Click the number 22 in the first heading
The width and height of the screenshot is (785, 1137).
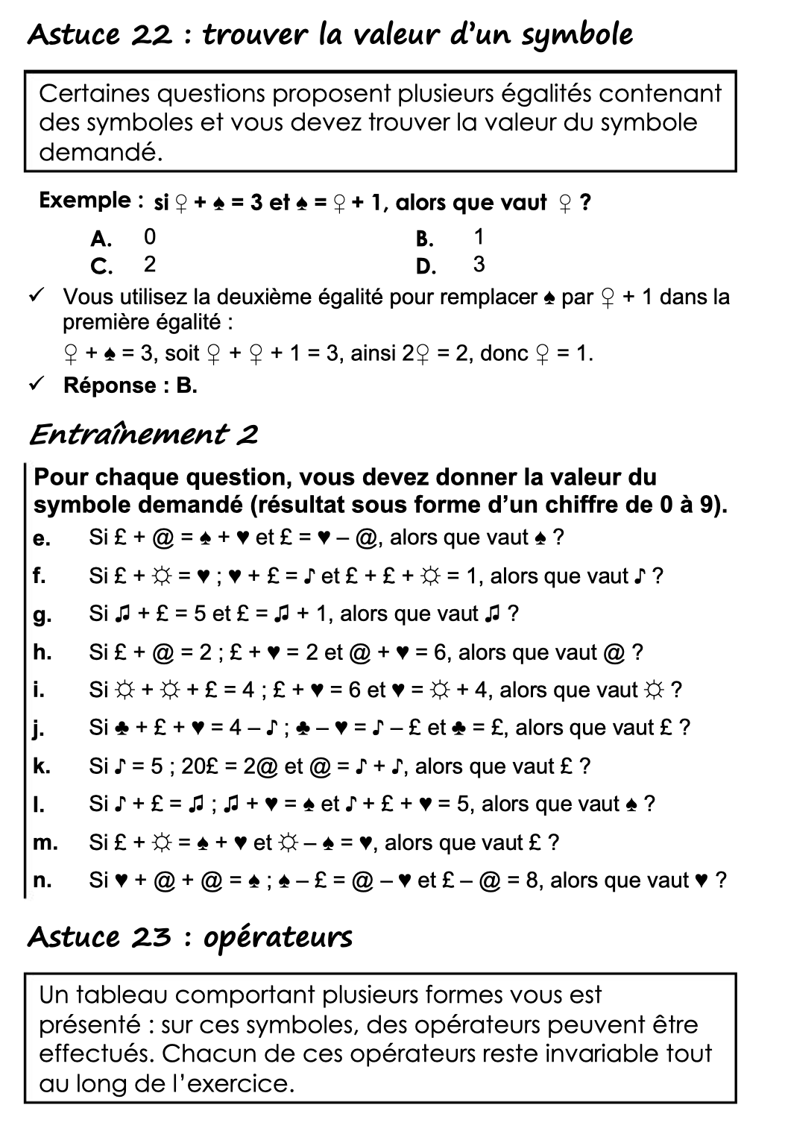[155, 35]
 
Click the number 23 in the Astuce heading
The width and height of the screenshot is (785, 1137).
[152, 937]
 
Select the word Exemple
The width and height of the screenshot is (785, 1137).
[86, 201]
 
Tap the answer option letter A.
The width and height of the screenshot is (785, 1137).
[101, 239]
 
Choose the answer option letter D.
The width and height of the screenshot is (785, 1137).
[426, 266]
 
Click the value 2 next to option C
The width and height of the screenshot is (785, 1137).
[150, 265]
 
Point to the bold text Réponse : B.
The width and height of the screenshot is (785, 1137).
[130, 385]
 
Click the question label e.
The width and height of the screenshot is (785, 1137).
[41, 538]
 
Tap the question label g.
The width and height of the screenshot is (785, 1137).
[41, 615]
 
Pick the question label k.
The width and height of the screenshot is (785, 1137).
[41, 766]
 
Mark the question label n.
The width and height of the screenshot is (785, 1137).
[42, 881]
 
